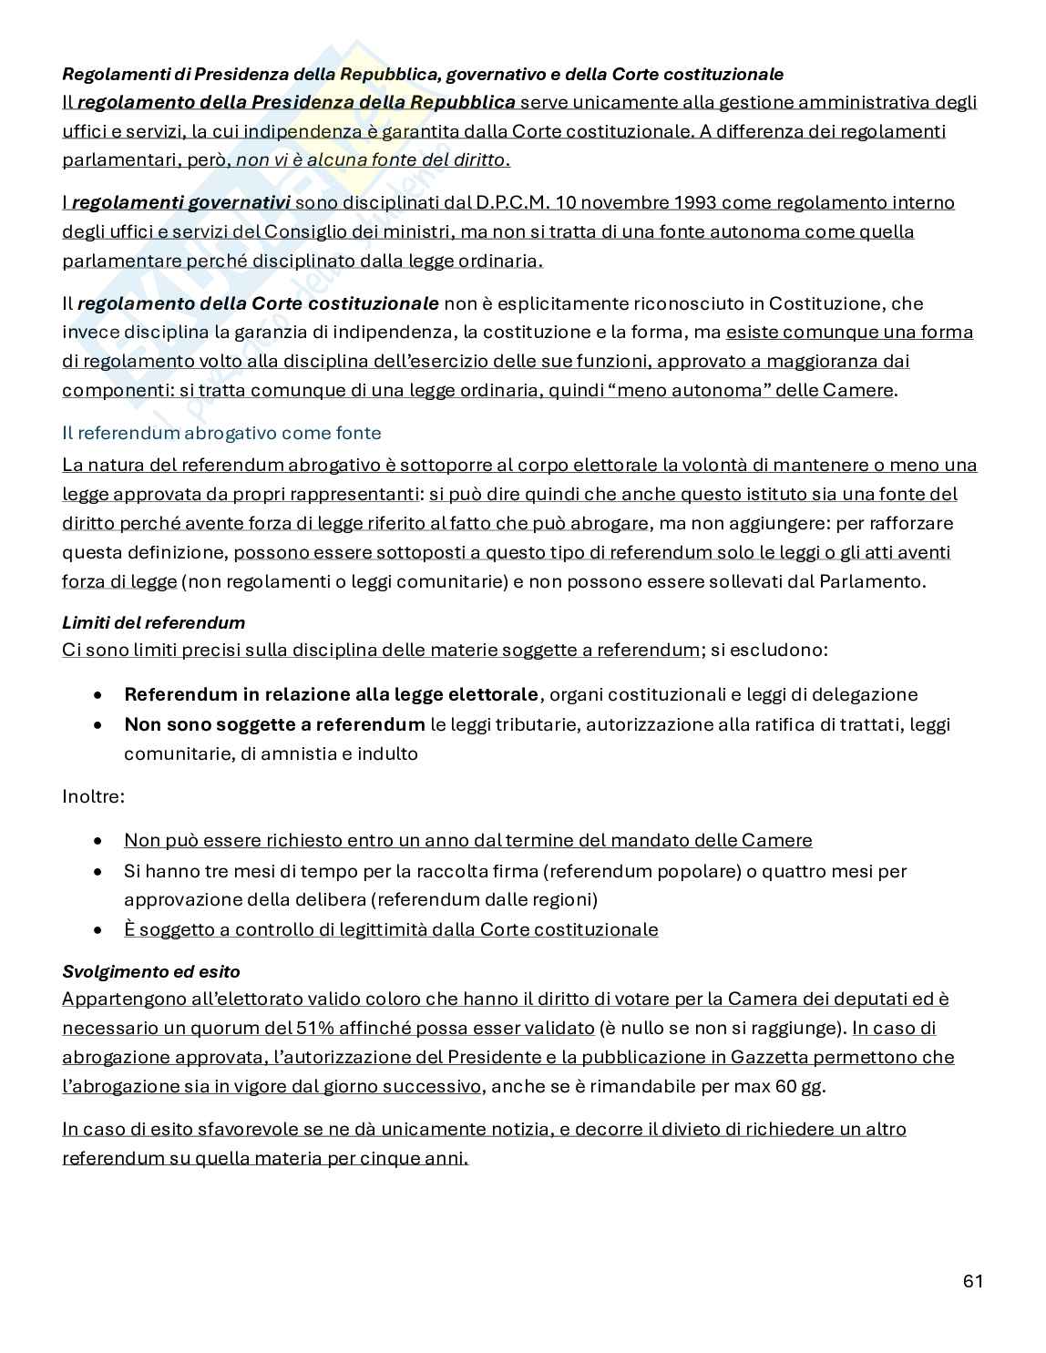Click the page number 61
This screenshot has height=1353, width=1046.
click(x=972, y=1281)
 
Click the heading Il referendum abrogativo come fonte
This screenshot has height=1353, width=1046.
click(x=221, y=433)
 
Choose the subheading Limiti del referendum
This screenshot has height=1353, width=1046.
click(x=153, y=623)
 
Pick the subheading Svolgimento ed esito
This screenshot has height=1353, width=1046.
click(x=150, y=971)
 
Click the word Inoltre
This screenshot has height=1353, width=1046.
click(x=93, y=796)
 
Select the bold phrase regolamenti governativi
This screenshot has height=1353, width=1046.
click(x=180, y=202)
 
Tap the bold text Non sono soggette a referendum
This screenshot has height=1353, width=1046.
click(x=274, y=724)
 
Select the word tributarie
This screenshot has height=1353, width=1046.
click(x=528, y=724)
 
